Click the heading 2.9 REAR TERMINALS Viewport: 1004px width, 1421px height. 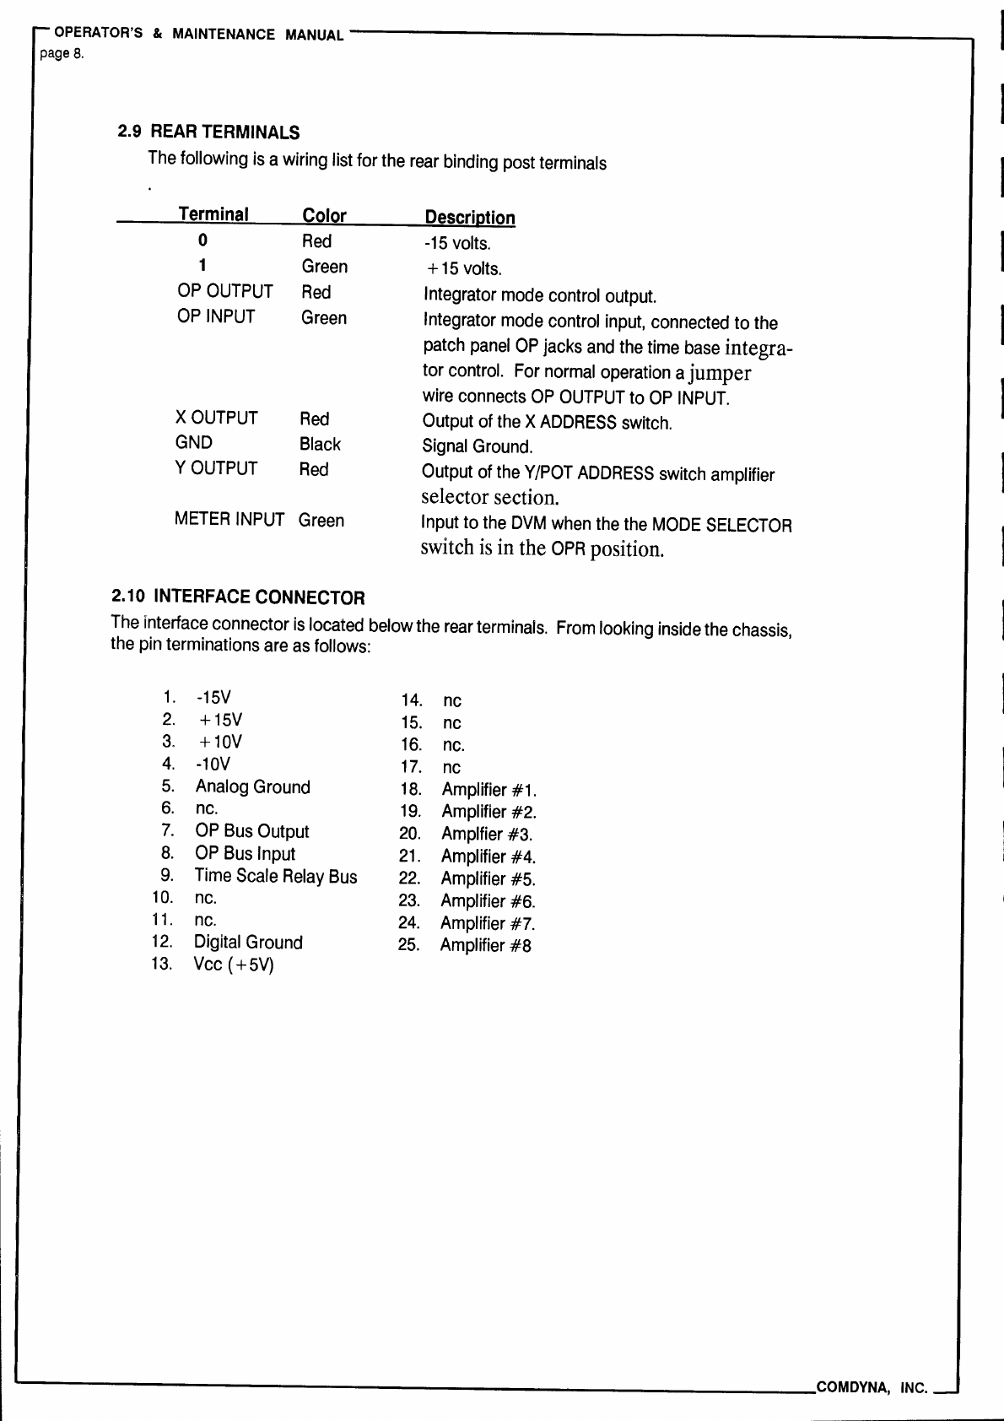point(208,132)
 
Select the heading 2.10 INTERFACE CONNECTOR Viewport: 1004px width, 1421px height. point(239,598)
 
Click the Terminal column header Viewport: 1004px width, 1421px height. point(213,214)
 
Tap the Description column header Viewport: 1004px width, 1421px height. point(469,218)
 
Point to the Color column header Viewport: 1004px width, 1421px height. point(324,216)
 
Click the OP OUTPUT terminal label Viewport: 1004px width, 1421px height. point(225,292)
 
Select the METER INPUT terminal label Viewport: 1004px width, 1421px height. point(229,520)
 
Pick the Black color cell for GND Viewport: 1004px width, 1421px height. point(320,445)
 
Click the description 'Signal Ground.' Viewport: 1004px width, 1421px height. point(477,447)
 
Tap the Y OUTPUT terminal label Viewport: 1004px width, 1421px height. point(216,468)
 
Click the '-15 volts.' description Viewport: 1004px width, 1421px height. point(456,244)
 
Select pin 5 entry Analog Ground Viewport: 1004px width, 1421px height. point(252,787)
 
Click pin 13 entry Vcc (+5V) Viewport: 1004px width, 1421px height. point(234,964)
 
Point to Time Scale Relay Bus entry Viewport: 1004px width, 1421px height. point(276,877)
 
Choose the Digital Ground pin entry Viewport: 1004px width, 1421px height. point(248,943)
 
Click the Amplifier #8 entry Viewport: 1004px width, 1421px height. point(485,946)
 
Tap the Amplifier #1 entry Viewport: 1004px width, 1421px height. point(489,791)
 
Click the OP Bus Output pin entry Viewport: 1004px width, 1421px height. point(251,832)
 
